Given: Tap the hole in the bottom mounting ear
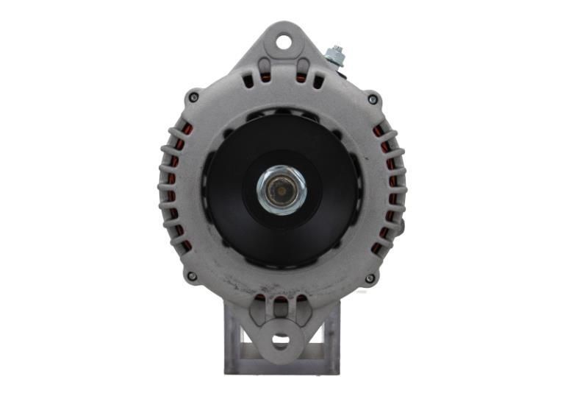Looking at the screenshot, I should [281, 340].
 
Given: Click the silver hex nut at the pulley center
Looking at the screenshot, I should [282, 189].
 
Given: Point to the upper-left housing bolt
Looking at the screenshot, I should [193, 96].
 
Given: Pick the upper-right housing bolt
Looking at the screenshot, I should [373, 99].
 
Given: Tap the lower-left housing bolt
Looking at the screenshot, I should [192, 277].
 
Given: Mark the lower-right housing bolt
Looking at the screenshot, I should [370, 278].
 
